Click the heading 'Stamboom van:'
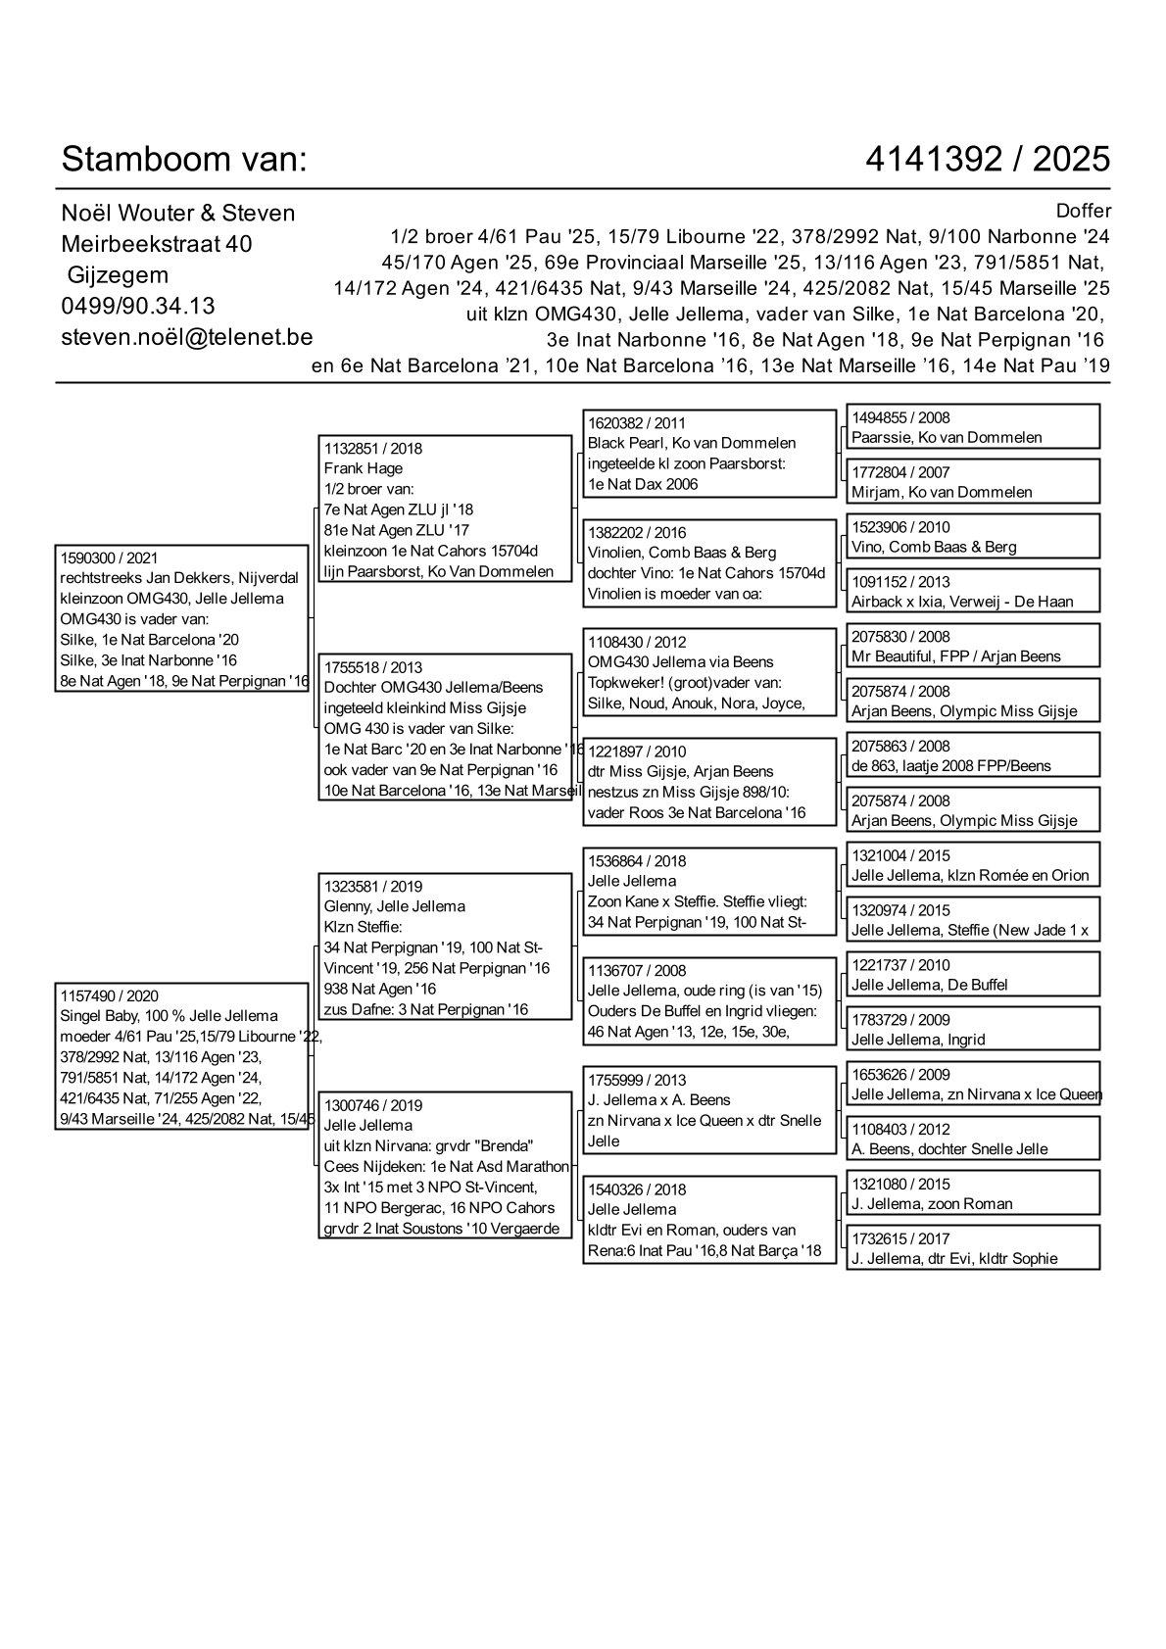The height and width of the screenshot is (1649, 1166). click(x=184, y=159)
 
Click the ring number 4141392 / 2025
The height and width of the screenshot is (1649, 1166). click(x=988, y=159)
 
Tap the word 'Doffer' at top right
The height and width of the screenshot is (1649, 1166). click(x=1084, y=212)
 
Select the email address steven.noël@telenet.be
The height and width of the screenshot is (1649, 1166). click(x=186, y=337)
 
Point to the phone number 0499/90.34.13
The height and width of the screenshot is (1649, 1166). click(x=138, y=306)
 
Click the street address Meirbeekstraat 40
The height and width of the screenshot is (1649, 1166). click(x=157, y=244)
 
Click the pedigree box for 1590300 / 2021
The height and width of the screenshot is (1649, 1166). click(x=182, y=619)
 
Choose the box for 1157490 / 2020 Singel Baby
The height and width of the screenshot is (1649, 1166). click(x=186, y=1057)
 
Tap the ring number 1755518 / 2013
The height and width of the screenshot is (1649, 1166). click(x=372, y=667)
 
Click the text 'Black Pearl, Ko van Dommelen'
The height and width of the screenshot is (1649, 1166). click(x=691, y=443)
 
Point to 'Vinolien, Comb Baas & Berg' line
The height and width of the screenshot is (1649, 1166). click(x=682, y=553)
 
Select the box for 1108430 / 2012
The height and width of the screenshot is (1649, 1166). click(x=708, y=672)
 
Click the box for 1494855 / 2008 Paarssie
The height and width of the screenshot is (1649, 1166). click(x=972, y=427)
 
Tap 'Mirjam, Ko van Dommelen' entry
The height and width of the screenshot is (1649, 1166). click(x=941, y=492)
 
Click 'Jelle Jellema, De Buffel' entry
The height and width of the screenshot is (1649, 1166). click(x=929, y=985)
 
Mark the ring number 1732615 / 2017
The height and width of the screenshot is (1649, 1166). click(x=899, y=1238)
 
